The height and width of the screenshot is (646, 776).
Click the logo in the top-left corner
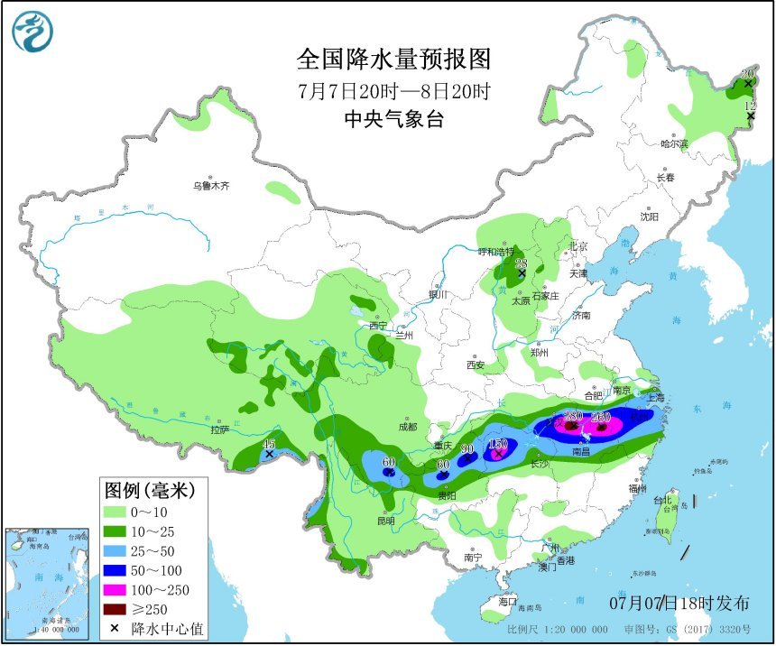[32, 32]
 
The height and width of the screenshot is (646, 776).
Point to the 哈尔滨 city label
[673, 143]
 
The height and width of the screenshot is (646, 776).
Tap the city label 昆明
[386, 521]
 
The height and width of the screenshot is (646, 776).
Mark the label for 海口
[507, 601]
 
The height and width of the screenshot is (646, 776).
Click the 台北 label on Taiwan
[662, 500]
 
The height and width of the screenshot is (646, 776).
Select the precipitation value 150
[497, 444]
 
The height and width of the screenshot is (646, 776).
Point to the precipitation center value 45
[268, 443]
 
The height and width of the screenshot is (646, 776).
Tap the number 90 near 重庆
[467, 449]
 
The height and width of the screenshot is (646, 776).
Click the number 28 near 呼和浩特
[521, 263]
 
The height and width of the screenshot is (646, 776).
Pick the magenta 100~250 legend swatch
[114, 591]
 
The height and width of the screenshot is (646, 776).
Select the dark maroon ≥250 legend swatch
[114, 609]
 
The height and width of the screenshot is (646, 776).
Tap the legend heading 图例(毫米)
[150, 491]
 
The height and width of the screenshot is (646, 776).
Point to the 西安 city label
[476, 365]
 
